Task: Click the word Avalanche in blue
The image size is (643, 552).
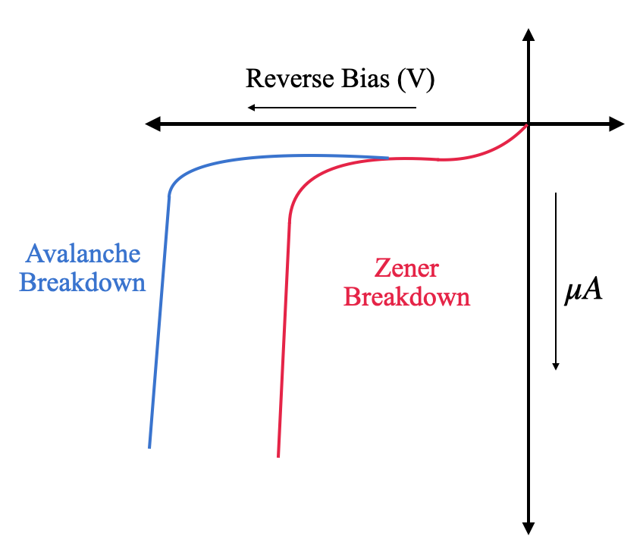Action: (x=83, y=253)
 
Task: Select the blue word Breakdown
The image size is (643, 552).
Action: (x=83, y=283)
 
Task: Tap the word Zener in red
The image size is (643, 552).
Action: (x=407, y=268)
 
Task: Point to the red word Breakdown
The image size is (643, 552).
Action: (x=407, y=296)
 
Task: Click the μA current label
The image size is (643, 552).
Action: (x=583, y=292)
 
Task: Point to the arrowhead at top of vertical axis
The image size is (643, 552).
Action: (x=529, y=34)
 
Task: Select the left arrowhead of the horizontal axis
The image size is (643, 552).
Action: (x=152, y=124)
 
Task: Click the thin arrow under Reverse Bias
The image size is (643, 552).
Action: (x=331, y=107)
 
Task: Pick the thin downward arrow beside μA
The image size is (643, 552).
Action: (x=556, y=281)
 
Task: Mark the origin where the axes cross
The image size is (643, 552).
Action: (x=529, y=124)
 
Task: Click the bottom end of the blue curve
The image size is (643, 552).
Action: (x=149, y=447)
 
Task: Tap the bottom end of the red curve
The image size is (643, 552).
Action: (x=278, y=456)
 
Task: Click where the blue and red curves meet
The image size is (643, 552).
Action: (x=389, y=158)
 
